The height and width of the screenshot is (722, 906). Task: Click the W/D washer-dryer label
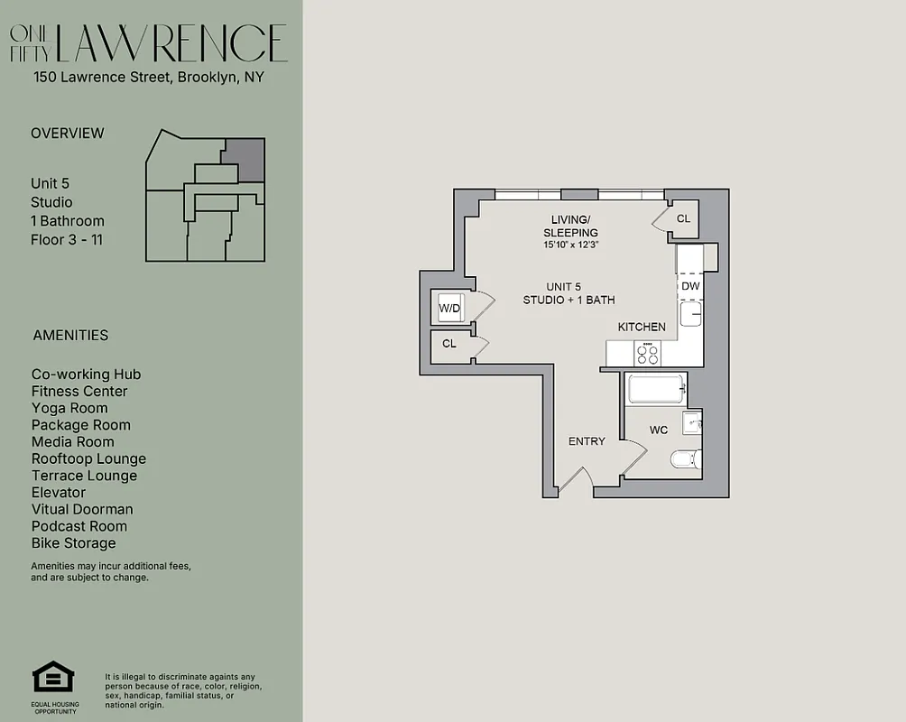coord(449,309)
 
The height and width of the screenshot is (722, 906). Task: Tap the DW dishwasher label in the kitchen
coord(690,286)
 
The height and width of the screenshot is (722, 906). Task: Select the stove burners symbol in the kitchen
coord(648,353)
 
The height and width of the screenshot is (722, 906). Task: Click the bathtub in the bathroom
coord(657,390)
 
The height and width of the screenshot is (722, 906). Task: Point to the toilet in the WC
coord(685,459)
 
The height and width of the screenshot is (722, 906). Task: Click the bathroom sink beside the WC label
coord(692,421)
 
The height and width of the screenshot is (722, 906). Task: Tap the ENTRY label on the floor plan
coord(587,441)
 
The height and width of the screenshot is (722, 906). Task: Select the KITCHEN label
coord(642,327)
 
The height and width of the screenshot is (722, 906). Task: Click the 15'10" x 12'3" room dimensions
coord(570,245)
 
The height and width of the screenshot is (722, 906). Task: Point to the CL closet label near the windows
coord(683,218)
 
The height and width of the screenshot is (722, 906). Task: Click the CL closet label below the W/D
coord(448,344)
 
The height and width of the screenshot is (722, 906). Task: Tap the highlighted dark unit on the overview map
coord(244,160)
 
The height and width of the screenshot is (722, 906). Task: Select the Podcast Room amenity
coord(79,526)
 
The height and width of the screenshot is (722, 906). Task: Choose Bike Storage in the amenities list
coord(74,543)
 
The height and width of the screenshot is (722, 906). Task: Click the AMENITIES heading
coord(70,335)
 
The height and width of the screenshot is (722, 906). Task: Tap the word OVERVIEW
coord(68,133)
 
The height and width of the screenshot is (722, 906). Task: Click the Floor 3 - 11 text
coord(68,240)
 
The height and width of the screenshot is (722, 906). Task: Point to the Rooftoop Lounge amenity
coord(88,458)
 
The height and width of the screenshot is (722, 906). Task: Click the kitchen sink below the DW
coord(690,313)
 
